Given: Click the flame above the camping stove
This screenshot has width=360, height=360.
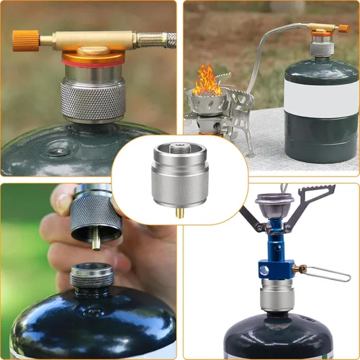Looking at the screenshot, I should (207, 81).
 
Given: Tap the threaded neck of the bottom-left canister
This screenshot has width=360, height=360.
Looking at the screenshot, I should (91, 276).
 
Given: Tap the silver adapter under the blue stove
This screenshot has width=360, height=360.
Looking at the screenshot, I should (277, 295).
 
